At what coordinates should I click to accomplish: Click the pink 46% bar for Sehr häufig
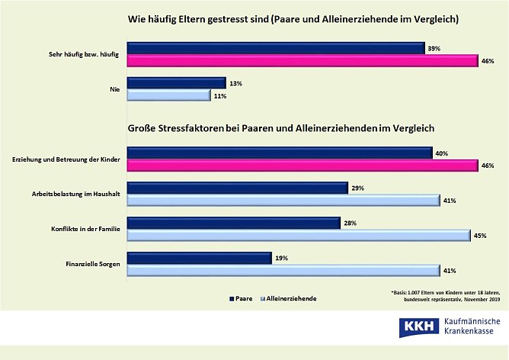click(301, 62)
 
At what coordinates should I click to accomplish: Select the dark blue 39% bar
click(274, 48)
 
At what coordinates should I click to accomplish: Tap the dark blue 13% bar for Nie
click(175, 82)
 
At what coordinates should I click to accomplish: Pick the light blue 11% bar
click(168, 96)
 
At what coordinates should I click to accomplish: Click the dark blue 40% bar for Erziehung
click(278, 153)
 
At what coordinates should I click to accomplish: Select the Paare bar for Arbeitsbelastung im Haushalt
click(236, 188)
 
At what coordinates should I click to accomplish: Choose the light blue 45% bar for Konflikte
click(297, 236)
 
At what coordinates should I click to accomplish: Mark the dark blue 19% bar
click(198, 258)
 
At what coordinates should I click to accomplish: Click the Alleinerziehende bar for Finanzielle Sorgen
click(282, 271)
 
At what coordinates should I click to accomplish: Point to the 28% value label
click(351, 222)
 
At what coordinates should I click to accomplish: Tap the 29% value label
click(359, 188)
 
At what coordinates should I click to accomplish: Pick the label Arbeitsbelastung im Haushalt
click(72, 194)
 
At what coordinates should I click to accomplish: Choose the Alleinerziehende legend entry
click(289, 297)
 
